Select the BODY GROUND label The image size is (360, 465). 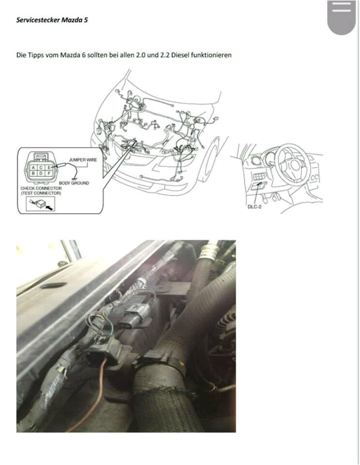coord(74,183)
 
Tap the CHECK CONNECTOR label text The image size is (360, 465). coord(41,188)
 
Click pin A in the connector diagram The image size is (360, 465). coord(33,167)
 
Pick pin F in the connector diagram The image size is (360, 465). coord(49,173)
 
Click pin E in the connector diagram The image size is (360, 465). coord(49,167)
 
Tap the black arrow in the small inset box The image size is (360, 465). coord(49,205)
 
